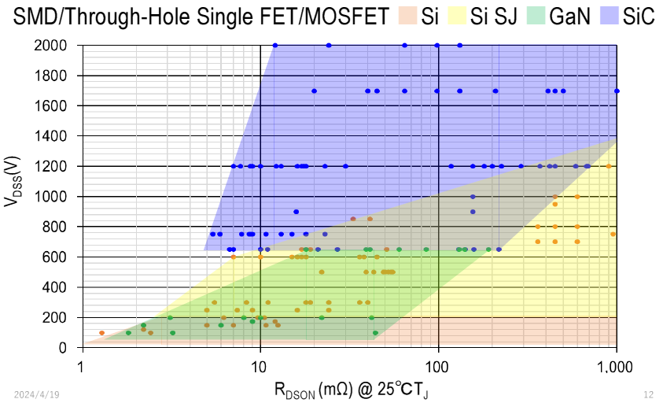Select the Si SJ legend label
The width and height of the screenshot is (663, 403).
coord(493,17)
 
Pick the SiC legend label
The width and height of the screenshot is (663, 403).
coord(637,17)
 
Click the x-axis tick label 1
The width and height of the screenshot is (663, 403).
coord(82,365)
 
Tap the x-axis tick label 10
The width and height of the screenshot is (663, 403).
coord(260,365)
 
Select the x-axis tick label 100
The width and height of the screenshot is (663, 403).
coord(437,365)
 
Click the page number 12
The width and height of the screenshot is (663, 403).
coord(648,393)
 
